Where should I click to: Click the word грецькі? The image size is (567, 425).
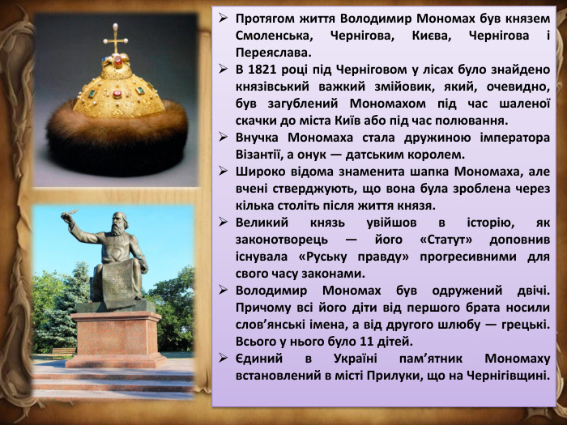519,324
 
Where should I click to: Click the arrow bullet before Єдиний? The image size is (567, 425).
224,358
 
